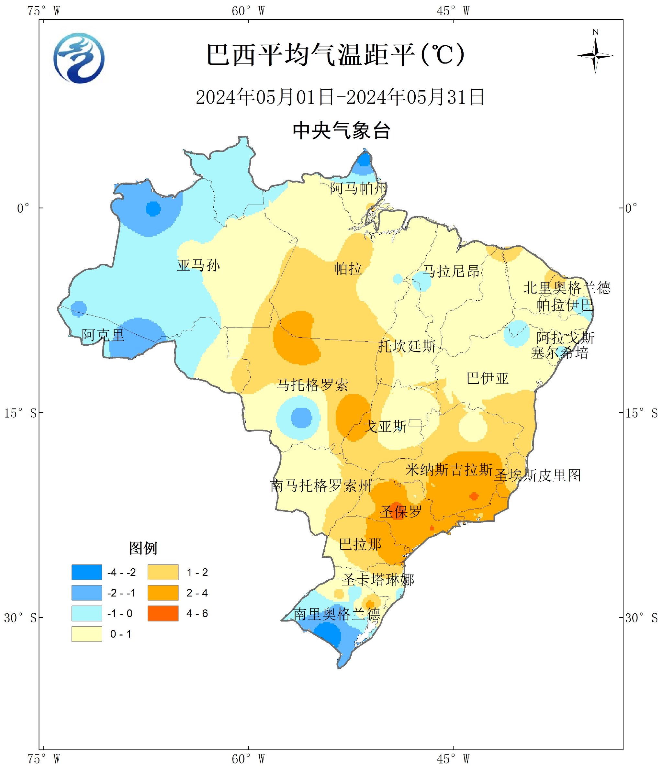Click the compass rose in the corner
pyautogui.click(x=595, y=56)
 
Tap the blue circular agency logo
pyautogui.click(x=79, y=59)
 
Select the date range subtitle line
pyautogui.click(x=340, y=97)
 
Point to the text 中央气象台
pyautogui.click(x=341, y=131)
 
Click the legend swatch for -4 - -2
pyautogui.click(x=86, y=572)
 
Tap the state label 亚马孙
pyautogui.click(x=198, y=265)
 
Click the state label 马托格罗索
pyautogui.click(x=313, y=385)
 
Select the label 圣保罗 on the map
pyautogui.click(x=400, y=512)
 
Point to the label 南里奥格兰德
pyautogui.click(x=337, y=614)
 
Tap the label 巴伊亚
pyautogui.click(x=487, y=378)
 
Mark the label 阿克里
pyautogui.click(x=103, y=335)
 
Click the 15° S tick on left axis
pyautogui.click(x=20, y=413)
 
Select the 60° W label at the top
pyautogui.click(x=248, y=11)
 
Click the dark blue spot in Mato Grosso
pyautogui.click(x=301, y=418)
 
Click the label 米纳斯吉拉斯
pyautogui.click(x=448, y=470)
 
